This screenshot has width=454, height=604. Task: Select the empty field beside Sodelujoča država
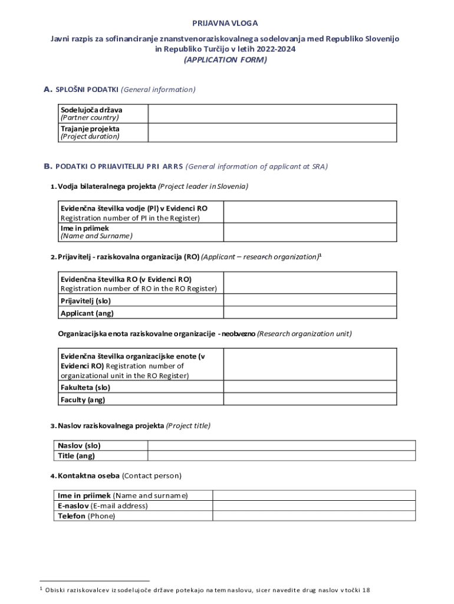tap(272, 113)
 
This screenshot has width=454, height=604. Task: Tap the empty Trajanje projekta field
tap(272, 132)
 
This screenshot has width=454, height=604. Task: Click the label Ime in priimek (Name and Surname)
tap(96, 232)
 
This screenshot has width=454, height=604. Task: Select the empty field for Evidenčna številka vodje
tap(310, 212)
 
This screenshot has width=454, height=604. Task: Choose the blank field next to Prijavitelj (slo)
tap(310, 300)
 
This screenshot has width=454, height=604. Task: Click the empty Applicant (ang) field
tap(310, 313)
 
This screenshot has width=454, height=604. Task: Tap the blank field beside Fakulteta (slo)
tap(310, 388)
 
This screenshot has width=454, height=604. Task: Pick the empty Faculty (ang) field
tap(310, 399)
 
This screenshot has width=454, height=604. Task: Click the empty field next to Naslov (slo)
tap(281, 445)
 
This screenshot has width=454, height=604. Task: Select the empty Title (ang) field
tap(281, 455)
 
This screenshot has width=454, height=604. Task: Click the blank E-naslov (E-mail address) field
tap(314, 505)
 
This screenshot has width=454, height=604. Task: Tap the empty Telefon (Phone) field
tap(314, 516)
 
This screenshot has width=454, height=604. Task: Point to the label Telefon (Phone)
tap(86, 516)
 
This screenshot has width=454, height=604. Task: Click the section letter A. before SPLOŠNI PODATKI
tap(48, 90)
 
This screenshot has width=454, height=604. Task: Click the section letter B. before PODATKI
tap(48, 166)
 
